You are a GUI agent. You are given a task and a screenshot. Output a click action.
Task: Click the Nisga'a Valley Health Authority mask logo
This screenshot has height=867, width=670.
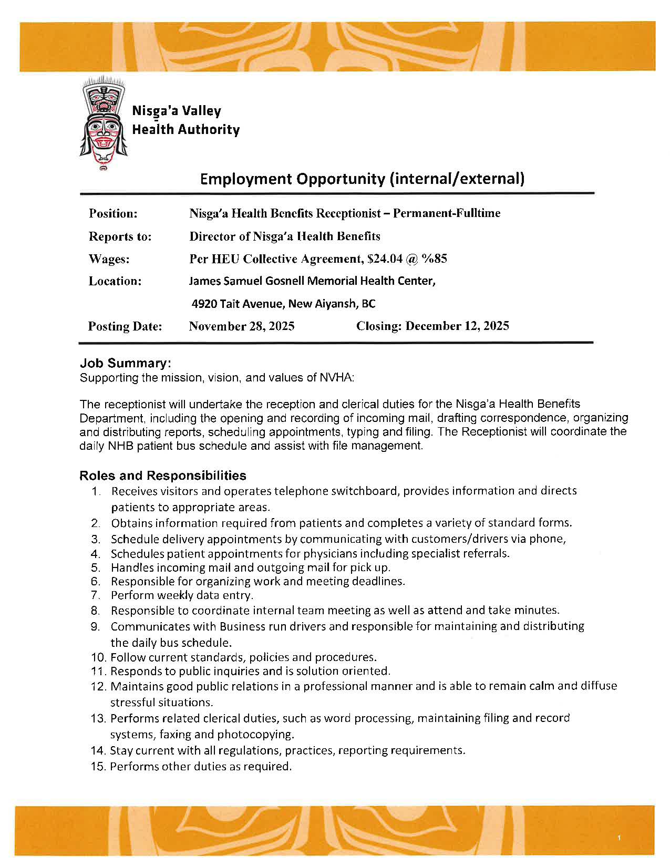tap(103, 123)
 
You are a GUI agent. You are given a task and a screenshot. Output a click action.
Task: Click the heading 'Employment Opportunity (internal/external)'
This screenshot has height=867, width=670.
tap(362, 179)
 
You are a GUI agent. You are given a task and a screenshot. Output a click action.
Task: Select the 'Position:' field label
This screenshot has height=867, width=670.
tap(113, 213)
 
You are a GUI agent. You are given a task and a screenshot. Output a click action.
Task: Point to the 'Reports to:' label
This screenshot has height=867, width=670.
tap(120, 236)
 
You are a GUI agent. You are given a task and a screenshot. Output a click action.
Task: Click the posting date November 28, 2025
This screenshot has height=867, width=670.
tap(242, 326)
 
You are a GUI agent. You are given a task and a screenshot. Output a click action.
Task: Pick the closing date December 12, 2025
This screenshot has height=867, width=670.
tap(457, 326)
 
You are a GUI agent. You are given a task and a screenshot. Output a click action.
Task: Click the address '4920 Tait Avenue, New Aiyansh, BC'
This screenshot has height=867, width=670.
tap(283, 304)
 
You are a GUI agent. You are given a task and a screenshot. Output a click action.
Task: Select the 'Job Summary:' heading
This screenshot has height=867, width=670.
tap(126, 363)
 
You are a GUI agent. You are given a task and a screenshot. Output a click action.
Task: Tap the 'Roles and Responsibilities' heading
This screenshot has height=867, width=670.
tap(163, 476)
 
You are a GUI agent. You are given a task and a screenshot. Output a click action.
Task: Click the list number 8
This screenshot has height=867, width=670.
tap(95, 611)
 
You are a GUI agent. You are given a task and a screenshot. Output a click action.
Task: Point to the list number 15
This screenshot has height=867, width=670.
tap(98, 767)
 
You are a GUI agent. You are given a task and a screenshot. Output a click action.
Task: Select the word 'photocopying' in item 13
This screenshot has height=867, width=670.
tap(255, 734)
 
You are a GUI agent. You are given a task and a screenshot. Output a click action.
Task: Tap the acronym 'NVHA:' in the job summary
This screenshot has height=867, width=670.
tap(337, 377)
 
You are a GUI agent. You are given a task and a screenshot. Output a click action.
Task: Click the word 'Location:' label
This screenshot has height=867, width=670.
tap(115, 281)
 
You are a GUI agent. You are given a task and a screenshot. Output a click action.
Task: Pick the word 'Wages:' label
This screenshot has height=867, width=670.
tap(109, 259)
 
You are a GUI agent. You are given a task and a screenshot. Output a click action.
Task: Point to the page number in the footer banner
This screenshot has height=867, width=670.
tap(620, 838)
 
